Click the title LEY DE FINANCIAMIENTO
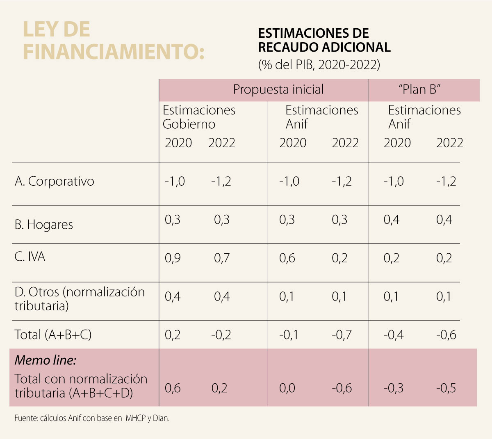click(x=114, y=41)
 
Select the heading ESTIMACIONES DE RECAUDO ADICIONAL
click(x=324, y=40)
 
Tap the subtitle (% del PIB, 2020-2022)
click(x=319, y=65)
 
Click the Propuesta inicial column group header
click(x=278, y=90)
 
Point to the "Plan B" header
click(x=419, y=90)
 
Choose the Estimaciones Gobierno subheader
click(x=199, y=117)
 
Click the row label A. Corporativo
click(x=55, y=181)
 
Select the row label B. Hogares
click(x=44, y=225)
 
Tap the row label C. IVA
click(x=30, y=257)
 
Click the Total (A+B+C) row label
click(x=53, y=335)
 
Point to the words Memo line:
click(x=46, y=360)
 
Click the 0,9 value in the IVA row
click(x=173, y=258)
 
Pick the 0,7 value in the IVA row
click(x=222, y=258)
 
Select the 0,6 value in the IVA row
click(x=287, y=258)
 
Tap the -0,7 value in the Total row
click(x=342, y=335)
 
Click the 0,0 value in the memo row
click(x=287, y=388)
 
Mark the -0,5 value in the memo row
click(x=446, y=388)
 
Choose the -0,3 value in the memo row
click(x=393, y=388)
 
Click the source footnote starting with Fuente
click(x=92, y=419)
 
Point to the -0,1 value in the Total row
click(x=289, y=335)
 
